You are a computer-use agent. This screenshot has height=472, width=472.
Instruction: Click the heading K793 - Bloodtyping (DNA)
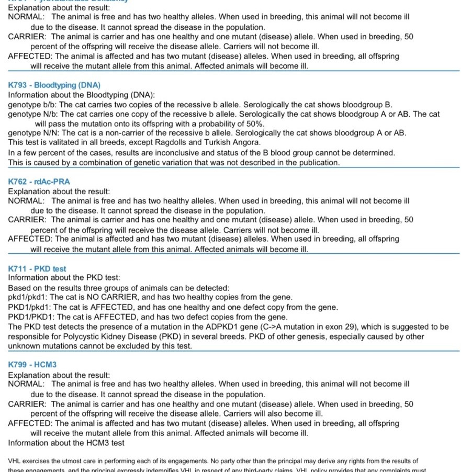pyautogui.click(x=54, y=85)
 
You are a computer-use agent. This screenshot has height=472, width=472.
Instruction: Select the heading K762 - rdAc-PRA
pyautogui.click(x=39, y=182)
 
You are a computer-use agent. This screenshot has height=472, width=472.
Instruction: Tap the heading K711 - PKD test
pyautogui.click(x=37, y=269)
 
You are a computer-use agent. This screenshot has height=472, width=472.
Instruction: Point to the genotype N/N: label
pyautogui.click(x=31, y=133)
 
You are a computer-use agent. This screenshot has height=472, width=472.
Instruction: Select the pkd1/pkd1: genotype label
pyautogui.click(x=29, y=297)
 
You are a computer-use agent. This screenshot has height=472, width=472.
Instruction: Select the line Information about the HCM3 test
pyautogui.click(x=66, y=443)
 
